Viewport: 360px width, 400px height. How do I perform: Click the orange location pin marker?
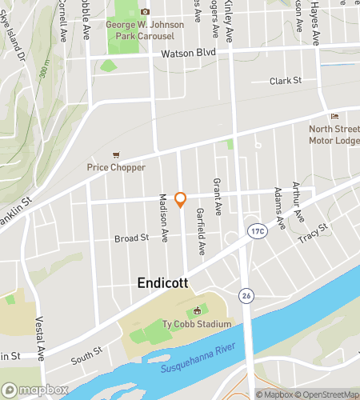pyautogui.click(x=181, y=200)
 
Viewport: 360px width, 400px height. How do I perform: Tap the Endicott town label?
pyautogui.click(x=164, y=283)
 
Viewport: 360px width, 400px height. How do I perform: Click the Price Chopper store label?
pyautogui.click(x=117, y=167)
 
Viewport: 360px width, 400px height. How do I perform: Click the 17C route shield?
pyautogui.click(x=256, y=230)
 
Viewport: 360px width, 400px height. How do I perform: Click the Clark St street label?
pyautogui.click(x=285, y=81)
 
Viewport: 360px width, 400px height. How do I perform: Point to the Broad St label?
pyautogui.click(x=132, y=238)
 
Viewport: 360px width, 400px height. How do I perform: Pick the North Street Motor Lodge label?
pyautogui.click(x=334, y=134)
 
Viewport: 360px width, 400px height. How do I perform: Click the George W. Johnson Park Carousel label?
pyautogui.click(x=145, y=30)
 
